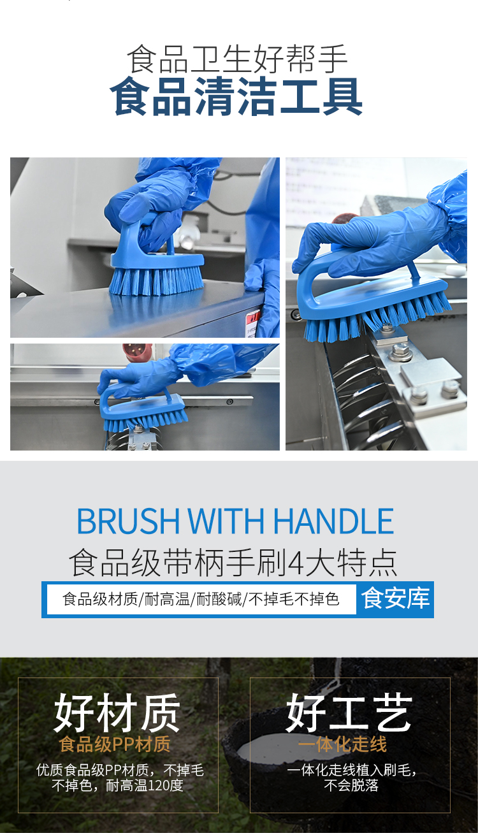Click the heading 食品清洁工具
(x=236, y=97)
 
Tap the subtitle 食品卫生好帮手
(x=237, y=59)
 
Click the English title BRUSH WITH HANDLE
(x=235, y=521)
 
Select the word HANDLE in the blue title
(x=333, y=521)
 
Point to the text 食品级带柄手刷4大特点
(x=233, y=563)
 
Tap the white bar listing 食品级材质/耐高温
(x=201, y=599)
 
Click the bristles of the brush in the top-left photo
(x=156, y=281)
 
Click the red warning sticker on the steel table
(x=254, y=319)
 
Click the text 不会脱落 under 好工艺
(x=351, y=785)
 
